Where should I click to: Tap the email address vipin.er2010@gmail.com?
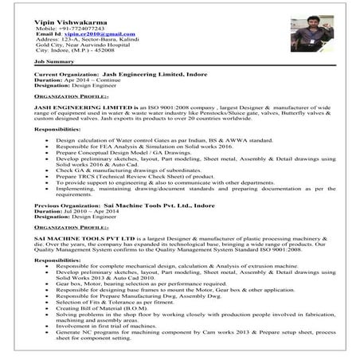[x=96, y=35]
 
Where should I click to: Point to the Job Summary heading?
[x=54, y=61]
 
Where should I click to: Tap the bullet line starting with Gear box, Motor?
[x=147, y=283]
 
